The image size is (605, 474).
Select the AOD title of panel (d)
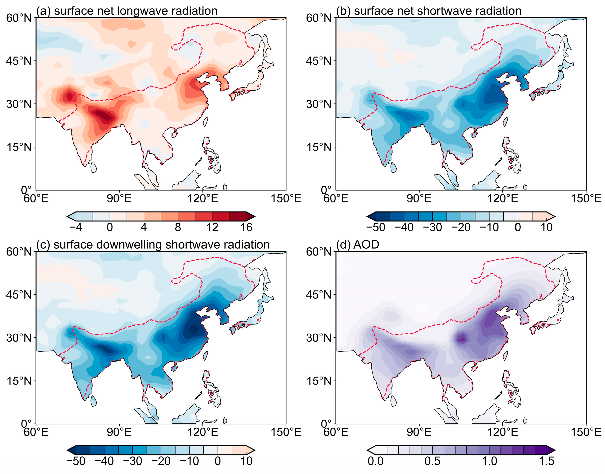coord(366,245)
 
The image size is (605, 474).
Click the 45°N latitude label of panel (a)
coord(19,61)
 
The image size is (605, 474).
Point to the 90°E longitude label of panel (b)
coord(419,199)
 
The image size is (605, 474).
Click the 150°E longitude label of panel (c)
coord(286,432)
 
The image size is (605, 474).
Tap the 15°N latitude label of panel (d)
coord(319,381)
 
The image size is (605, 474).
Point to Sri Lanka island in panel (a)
coord(93,167)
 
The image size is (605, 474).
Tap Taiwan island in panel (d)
coord(506,355)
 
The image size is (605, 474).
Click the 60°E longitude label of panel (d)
coord(336,432)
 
